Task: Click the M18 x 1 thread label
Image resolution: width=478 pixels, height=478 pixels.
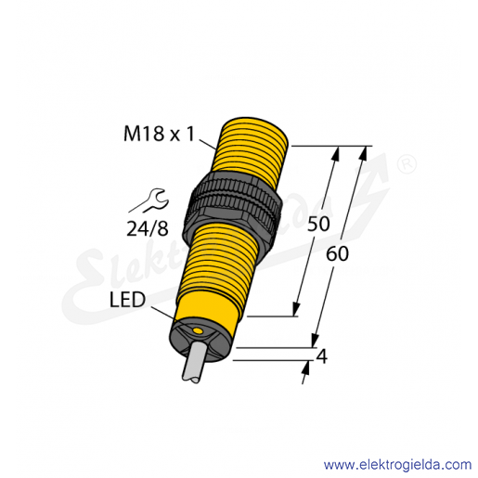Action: (x=160, y=135)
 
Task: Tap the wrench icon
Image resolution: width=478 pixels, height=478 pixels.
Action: (x=149, y=201)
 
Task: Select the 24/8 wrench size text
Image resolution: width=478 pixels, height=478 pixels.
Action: (x=148, y=229)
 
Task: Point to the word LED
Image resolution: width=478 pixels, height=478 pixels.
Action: (x=127, y=300)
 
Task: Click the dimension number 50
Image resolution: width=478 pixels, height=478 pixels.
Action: (x=318, y=224)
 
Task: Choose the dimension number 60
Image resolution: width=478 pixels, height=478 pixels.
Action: (x=337, y=254)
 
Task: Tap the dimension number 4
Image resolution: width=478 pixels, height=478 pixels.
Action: (x=322, y=356)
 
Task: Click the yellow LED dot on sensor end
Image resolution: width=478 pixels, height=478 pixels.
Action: (x=197, y=331)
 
